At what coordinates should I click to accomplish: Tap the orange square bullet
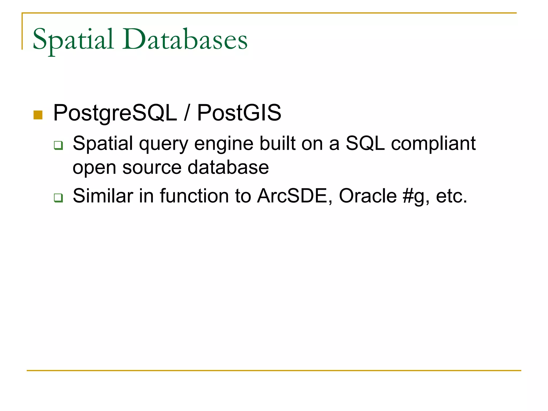(38, 115)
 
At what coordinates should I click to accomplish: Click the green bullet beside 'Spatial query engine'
(58, 145)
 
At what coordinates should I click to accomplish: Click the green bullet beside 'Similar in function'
(58, 198)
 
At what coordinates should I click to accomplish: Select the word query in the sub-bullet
(163, 144)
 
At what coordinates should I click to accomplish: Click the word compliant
(433, 144)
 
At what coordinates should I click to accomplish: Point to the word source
(152, 168)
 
